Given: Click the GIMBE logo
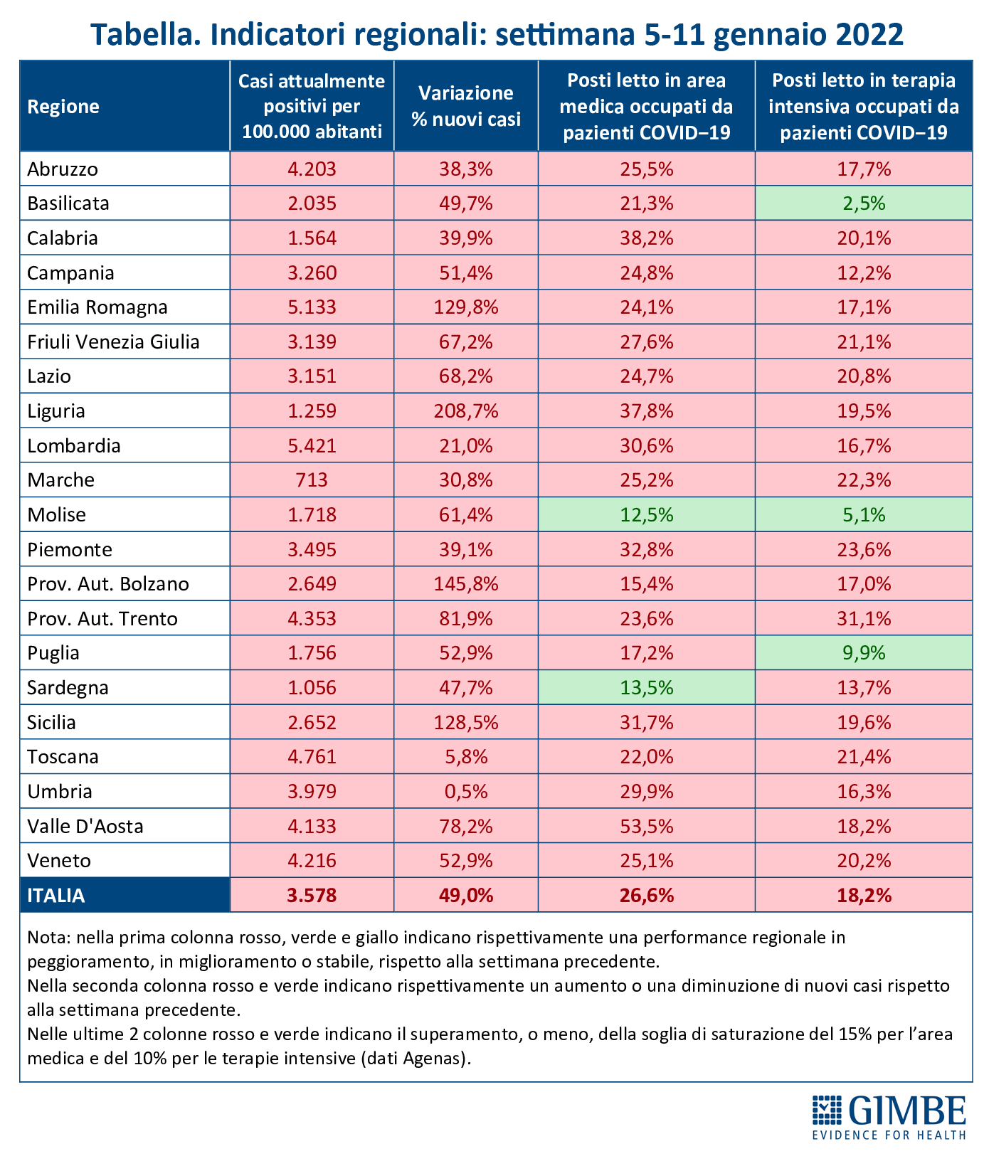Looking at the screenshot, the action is (x=889, y=1118).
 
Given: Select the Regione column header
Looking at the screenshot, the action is (x=63, y=107).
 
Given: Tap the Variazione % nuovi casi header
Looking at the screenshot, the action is (x=466, y=106).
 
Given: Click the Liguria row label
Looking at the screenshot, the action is (x=56, y=411).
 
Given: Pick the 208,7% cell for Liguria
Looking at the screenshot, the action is (x=466, y=411).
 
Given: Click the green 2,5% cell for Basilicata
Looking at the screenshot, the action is (x=864, y=203).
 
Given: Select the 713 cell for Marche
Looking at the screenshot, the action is (x=312, y=480).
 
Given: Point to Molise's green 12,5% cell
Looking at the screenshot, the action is (x=647, y=514).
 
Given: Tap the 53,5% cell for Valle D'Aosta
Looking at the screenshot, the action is (x=647, y=827).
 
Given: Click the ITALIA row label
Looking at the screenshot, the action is (x=56, y=896).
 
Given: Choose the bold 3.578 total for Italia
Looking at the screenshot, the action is (x=312, y=896).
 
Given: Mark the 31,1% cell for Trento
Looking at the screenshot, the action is (x=864, y=618).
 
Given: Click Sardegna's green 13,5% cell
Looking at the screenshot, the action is (x=647, y=688).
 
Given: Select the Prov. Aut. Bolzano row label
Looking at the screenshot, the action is (x=108, y=584).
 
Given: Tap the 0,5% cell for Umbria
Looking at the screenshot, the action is (x=466, y=792).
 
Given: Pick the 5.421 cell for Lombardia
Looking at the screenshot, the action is (x=312, y=446).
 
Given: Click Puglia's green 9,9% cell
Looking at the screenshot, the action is (x=864, y=653).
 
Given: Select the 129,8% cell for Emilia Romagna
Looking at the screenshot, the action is (x=466, y=307).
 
